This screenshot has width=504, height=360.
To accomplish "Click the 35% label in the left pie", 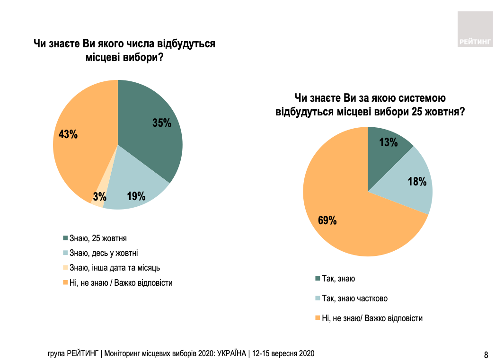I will click(x=161, y=123).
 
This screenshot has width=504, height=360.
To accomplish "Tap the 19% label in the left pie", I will click(x=136, y=196).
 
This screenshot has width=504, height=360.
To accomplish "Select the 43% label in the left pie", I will click(x=68, y=134).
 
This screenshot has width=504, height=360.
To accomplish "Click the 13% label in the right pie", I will click(x=389, y=142).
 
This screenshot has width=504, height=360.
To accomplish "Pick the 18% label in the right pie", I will click(x=417, y=181).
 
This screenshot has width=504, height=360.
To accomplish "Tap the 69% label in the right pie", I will click(x=327, y=220).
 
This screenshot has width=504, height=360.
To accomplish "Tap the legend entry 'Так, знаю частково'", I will click(x=354, y=299).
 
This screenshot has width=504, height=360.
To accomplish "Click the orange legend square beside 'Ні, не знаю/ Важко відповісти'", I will click(x=317, y=318).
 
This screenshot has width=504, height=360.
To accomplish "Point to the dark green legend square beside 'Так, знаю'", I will click(x=317, y=279).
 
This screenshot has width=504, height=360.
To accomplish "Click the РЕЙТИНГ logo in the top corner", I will click(x=475, y=29).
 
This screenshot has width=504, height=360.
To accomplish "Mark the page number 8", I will click(x=486, y=354).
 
